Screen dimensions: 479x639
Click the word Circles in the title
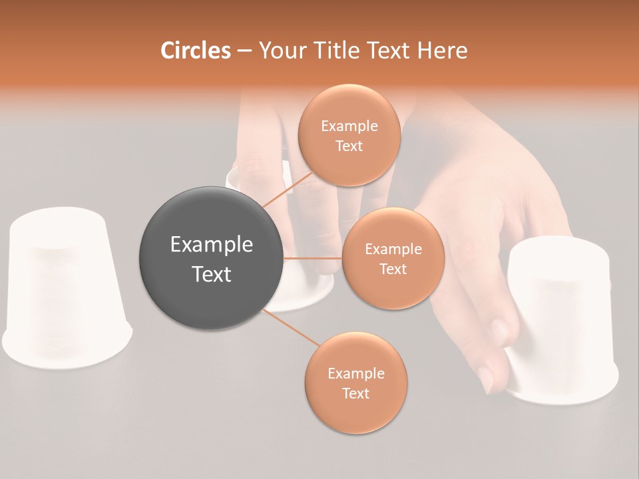coord(196,51)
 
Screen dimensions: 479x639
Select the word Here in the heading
coord(443,51)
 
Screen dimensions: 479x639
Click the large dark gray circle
coord(211,258)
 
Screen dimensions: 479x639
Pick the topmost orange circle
coord(349,135)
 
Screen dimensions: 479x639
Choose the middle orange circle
coord(393,258)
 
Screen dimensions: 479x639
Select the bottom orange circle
coord(355,383)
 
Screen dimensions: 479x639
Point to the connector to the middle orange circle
coord(313,258)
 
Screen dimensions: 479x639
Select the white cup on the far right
coord(562,319)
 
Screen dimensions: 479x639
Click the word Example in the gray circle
coord(211,245)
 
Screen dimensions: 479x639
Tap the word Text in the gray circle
coord(211,274)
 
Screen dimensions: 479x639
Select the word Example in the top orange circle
coord(349,126)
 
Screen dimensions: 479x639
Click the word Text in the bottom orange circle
coord(355,393)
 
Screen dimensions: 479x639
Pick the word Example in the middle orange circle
coord(393,249)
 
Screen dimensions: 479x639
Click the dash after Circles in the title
coord(244,51)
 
